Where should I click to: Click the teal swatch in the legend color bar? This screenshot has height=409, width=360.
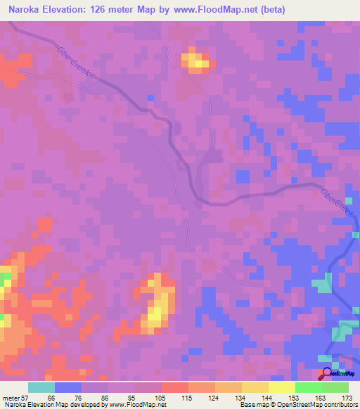point(41,387)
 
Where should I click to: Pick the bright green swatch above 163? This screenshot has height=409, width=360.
point(308,387)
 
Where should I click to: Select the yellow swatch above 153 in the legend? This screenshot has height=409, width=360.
point(281,387)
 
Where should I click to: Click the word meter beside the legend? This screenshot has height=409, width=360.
point(11,398)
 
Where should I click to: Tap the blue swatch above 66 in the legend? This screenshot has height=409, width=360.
point(68,387)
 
